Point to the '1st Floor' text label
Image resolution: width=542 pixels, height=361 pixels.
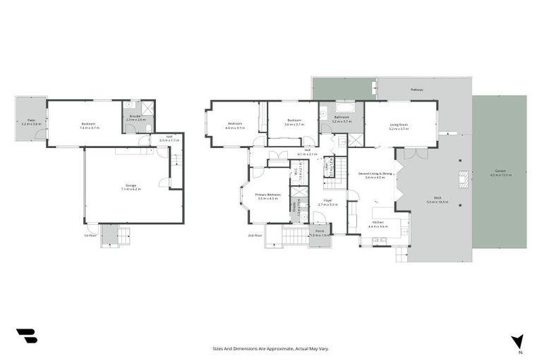90,235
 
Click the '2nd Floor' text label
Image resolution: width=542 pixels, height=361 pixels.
254,235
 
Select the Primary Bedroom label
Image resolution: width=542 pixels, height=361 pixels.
268,195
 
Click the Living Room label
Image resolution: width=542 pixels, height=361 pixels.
399,126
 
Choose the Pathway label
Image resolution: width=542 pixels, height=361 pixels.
418,90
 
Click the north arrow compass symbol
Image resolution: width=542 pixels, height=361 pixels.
518,341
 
